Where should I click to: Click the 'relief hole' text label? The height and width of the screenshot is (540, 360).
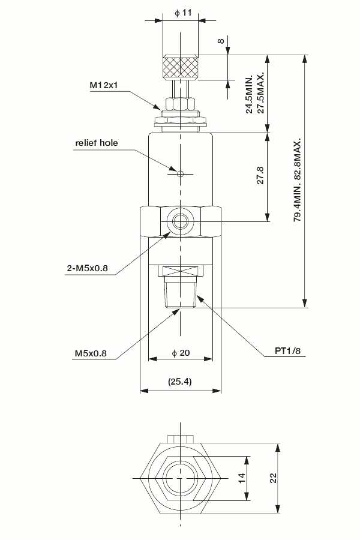click(x=97, y=143)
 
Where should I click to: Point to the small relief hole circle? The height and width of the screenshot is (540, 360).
click(x=181, y=174)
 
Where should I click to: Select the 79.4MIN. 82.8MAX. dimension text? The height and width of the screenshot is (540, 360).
click(x=297, y=180)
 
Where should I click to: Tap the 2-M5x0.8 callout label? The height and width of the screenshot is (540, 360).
click(x=87, y=268)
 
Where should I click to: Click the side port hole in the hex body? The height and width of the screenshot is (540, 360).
click(x=180, y=222)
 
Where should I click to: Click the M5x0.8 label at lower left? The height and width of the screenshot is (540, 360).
click(x=91, y=353)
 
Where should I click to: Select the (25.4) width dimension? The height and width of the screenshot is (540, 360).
click(x=180, y=382)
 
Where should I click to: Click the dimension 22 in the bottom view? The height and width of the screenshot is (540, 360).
click(x=272, y=478)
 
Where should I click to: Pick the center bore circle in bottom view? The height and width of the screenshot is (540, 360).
click(x=181, y=478)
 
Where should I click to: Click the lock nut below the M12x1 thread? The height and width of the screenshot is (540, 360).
click(x=181, y=121)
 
